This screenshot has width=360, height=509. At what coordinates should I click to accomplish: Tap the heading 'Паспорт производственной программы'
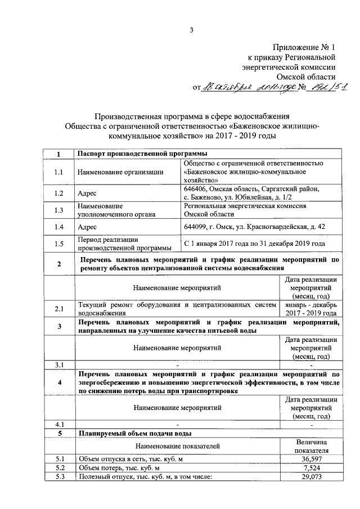click(142, 154)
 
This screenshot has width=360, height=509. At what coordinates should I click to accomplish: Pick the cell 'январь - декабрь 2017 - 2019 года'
click(310, 309)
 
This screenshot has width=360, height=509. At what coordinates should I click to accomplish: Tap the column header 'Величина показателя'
click(310, 445)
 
